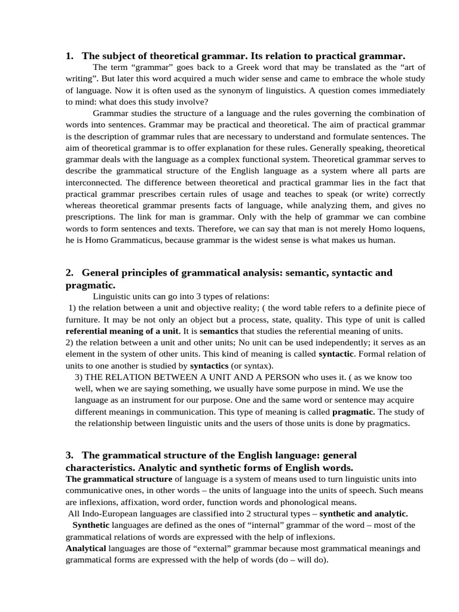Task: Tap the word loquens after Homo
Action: (406, 228)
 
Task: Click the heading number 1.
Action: (69, 56)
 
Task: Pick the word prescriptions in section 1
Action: (90, 217)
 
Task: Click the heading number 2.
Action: (69, 273)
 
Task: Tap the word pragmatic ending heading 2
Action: (90, 285)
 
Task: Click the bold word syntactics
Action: (209, 365)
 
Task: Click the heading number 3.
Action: (69, 455)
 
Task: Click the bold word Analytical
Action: (85, 548)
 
